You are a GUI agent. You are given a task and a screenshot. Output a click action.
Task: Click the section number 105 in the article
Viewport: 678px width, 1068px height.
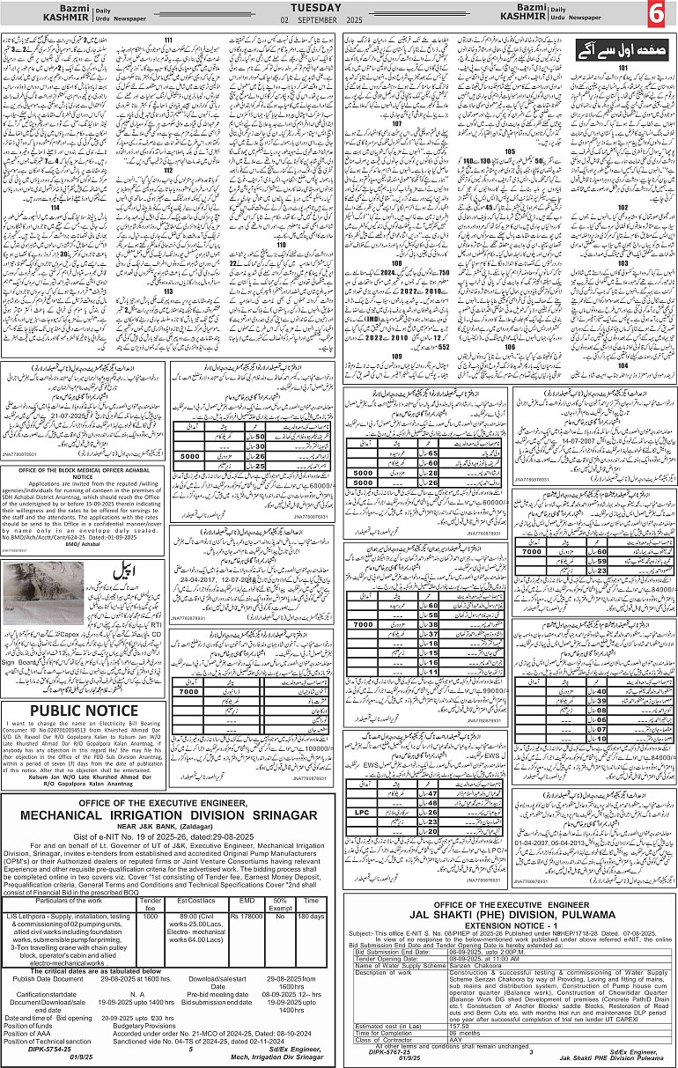(509, 151)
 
